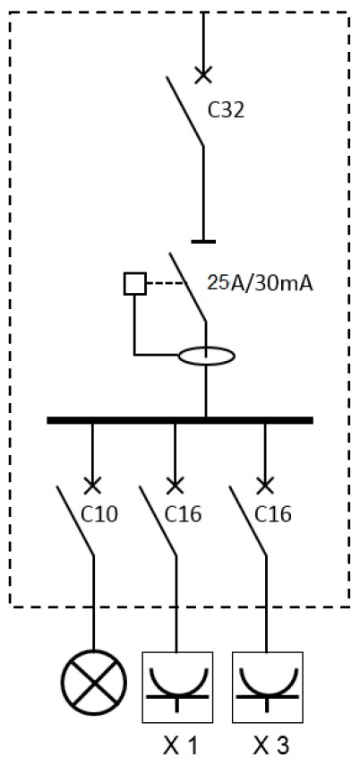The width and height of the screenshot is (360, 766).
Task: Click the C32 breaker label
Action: click(226, 110)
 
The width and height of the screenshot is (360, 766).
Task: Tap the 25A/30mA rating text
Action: click(260, 283)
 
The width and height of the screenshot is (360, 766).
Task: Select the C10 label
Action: click(99, 514)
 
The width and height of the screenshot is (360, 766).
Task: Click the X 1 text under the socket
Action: click(180, 745)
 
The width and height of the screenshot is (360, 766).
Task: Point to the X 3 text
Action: click(271, 745)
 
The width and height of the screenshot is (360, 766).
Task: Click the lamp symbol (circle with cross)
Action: click(94, 682)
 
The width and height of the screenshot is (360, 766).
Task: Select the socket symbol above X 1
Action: click(177, 687)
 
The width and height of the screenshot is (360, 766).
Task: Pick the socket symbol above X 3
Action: click(267, 687)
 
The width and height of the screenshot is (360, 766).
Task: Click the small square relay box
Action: click(135, 284)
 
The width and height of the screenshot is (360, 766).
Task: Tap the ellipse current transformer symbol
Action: click(207, 356)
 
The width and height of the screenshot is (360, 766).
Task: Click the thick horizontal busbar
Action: click(180, 420)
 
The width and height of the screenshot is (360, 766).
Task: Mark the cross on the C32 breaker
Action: click(203, 75)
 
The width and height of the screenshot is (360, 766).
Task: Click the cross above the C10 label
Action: click(92, 486)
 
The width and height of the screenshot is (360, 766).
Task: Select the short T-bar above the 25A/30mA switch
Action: click(203, 241)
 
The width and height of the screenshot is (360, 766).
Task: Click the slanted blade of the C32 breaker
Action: click(184, 111)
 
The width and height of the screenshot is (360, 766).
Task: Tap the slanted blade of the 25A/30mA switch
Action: click(187, 288)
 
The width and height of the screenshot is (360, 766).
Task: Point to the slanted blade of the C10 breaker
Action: click(75, 521)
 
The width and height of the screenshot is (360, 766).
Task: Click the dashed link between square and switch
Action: click(167, 283)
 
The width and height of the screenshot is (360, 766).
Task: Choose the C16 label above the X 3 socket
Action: click(273, 514)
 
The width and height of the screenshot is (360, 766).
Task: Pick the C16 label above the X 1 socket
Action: click(184, 514)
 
